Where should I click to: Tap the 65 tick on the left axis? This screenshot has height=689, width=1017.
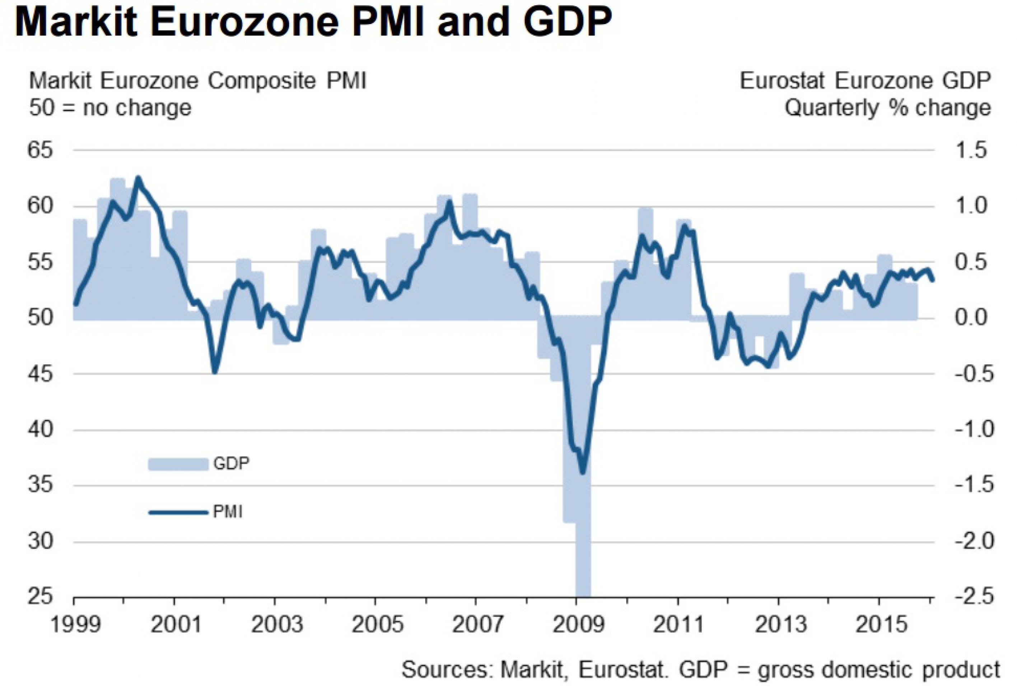click(x=40, y=150)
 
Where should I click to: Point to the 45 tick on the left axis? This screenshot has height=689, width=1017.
click(x=40, y=374)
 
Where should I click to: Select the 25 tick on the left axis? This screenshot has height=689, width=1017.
click(x=40, y=597)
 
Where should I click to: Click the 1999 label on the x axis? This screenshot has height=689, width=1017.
click(x=75, y=625)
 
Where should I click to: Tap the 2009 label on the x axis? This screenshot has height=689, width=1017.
click(x=578, y=625)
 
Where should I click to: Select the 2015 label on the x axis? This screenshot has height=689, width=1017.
click(x=881, y=625)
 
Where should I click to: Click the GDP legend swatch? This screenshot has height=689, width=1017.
click(x=178, y=464)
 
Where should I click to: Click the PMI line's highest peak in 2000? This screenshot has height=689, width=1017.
click(x=138, y=178)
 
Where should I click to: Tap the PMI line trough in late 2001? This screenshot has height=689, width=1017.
click(x=214, y=372)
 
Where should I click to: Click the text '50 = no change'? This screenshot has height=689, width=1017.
click(x=110, y=108)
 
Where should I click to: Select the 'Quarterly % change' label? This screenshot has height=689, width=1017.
click(x=887, y=108)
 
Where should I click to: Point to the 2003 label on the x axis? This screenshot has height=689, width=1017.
click(x=276, y=625)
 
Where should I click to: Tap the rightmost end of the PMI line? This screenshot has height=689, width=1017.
click(x=933, y=280)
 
